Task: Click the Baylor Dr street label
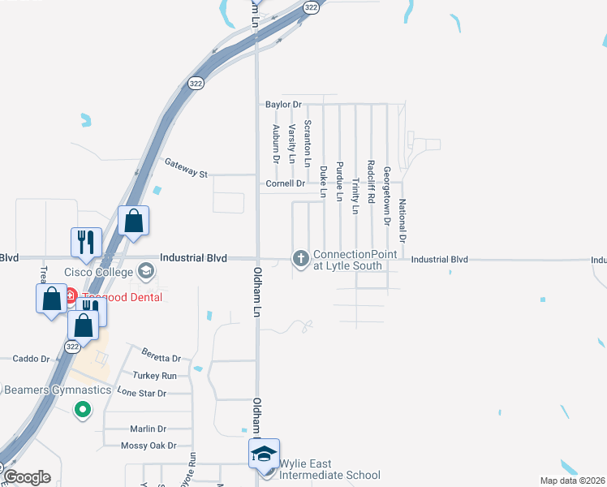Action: tap(283, 105)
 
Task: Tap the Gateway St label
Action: tap(187, 168)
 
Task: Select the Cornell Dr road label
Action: tap(285, 184)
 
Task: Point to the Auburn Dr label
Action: tap(276, 141)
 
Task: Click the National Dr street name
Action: tap(403, 220)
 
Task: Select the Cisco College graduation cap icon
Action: tap(146, 270)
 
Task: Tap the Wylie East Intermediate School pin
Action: tap(264, 453)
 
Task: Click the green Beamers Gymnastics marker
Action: tap(81, 410)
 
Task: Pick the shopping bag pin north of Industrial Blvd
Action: tap(133, 221)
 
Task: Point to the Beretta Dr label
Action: tap(161, 358)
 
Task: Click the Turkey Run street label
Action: tap(154, 376)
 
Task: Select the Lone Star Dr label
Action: tap(142, 393)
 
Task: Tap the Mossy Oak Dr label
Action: tap(147, 446)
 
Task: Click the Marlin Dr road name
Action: tap(148, 429)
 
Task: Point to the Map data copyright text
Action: tap(571, 481)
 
